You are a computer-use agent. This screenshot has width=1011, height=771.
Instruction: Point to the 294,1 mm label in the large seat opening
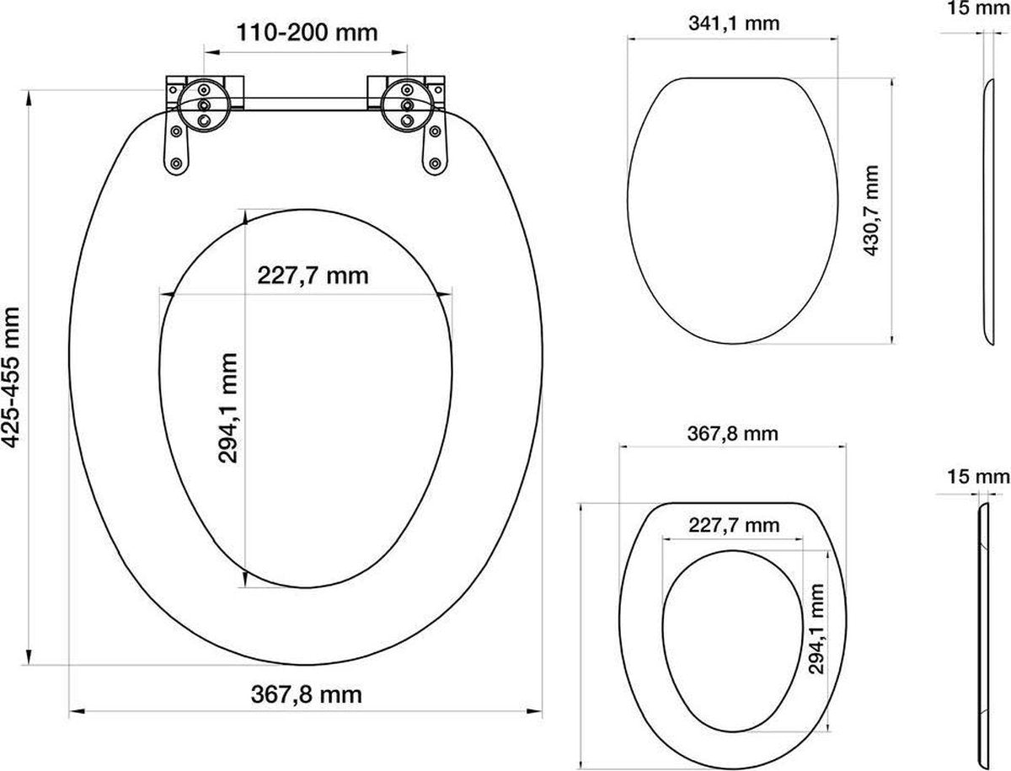(x=228, y=408)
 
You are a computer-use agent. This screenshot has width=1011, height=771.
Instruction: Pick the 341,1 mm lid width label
(x=734, y=24)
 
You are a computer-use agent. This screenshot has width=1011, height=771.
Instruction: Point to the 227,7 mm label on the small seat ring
(x=734, y=526)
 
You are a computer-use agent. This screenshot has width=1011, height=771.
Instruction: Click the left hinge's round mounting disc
(x=205, y=99)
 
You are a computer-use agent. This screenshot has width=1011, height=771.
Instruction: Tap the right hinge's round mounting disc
(x=406, y=99)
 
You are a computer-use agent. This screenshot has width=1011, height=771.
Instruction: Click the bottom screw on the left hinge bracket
(x=175, y=163)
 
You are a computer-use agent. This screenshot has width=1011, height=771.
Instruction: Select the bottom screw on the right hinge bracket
(x=436, y=163)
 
